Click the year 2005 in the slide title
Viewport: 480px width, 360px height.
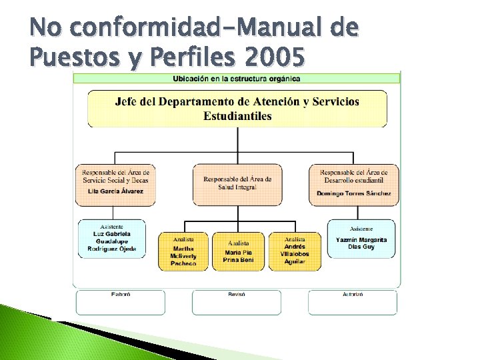coord(275,59)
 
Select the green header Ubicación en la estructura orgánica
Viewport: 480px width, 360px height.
coord(237,78)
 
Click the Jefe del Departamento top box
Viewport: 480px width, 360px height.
coord(237,109)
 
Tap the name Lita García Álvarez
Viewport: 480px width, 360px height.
coord(115,191)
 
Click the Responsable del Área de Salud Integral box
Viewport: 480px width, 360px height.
coord(237,184)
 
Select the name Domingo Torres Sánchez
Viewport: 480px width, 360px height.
coord(354,193)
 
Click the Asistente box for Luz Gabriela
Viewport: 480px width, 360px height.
coord(111,239)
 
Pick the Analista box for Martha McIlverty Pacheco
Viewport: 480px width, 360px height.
coord(183,251)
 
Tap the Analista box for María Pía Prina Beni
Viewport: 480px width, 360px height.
coord(238,251)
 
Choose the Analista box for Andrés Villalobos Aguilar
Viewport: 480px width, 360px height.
coord(294,251)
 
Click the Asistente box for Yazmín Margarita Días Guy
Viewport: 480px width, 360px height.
coord(361,239)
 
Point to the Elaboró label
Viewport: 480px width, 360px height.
coord(121,293)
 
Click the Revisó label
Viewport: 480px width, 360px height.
coord(237,293)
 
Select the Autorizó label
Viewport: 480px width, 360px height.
coord(353,293)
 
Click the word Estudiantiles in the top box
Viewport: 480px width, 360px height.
coord(237,116)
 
